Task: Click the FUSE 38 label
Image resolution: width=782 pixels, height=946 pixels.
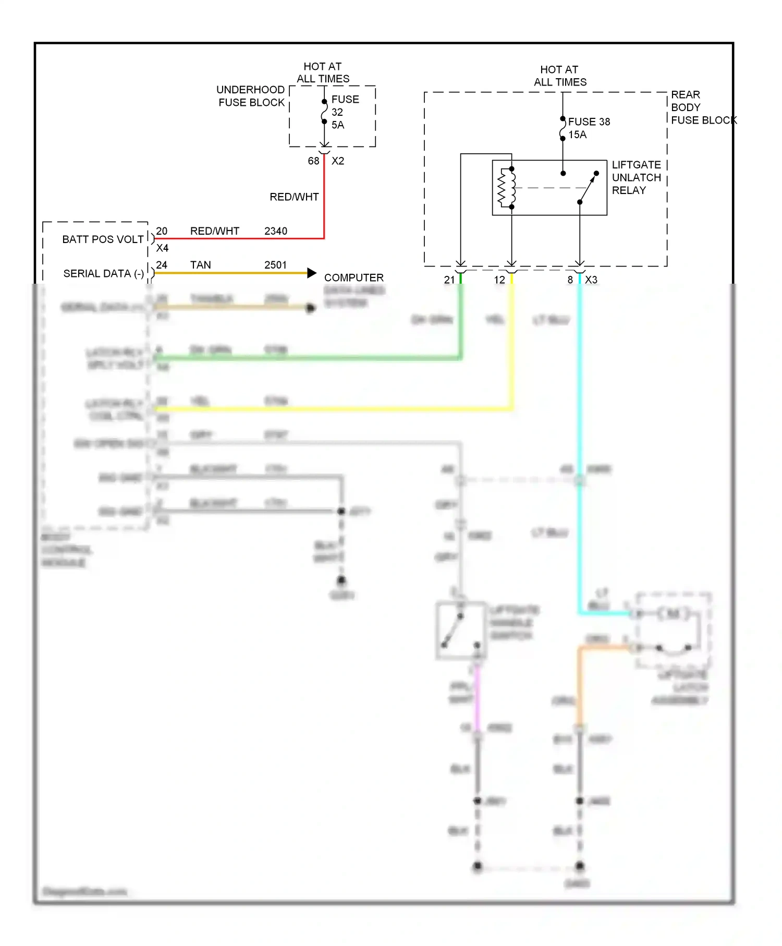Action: (x=589, y=122)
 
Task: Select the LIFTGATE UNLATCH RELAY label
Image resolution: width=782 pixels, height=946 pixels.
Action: (x=636, y=177)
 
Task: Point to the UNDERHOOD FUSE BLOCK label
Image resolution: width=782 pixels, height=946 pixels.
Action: (x=251, y=96)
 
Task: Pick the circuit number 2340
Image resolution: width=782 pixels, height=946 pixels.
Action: (x=275, y=231)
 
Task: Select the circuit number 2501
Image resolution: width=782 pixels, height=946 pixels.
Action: (x=275, y=265)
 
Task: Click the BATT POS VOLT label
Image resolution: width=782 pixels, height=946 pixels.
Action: (x=103, y=239)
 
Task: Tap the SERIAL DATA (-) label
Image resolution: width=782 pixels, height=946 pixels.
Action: (x=103, y=273)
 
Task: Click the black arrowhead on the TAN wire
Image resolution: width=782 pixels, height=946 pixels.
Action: (x=312, y=273)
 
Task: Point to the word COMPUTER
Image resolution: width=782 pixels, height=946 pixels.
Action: (x=353, y=277)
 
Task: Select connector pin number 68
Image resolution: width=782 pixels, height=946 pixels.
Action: (x=313, y=161)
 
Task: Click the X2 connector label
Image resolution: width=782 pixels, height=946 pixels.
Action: (x=338, y=161)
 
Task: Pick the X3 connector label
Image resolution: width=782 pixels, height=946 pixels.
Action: (x=591, y=280)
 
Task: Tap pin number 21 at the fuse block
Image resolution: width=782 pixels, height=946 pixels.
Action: (x=449, y=280)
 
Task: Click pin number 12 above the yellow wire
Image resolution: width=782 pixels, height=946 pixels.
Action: (x=499, y=280)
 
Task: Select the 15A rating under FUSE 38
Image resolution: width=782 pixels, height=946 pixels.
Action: (x=577, y=135)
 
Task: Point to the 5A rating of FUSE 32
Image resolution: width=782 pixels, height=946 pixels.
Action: (x=338, y=125)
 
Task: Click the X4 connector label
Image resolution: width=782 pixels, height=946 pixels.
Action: (x=162, y=248)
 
